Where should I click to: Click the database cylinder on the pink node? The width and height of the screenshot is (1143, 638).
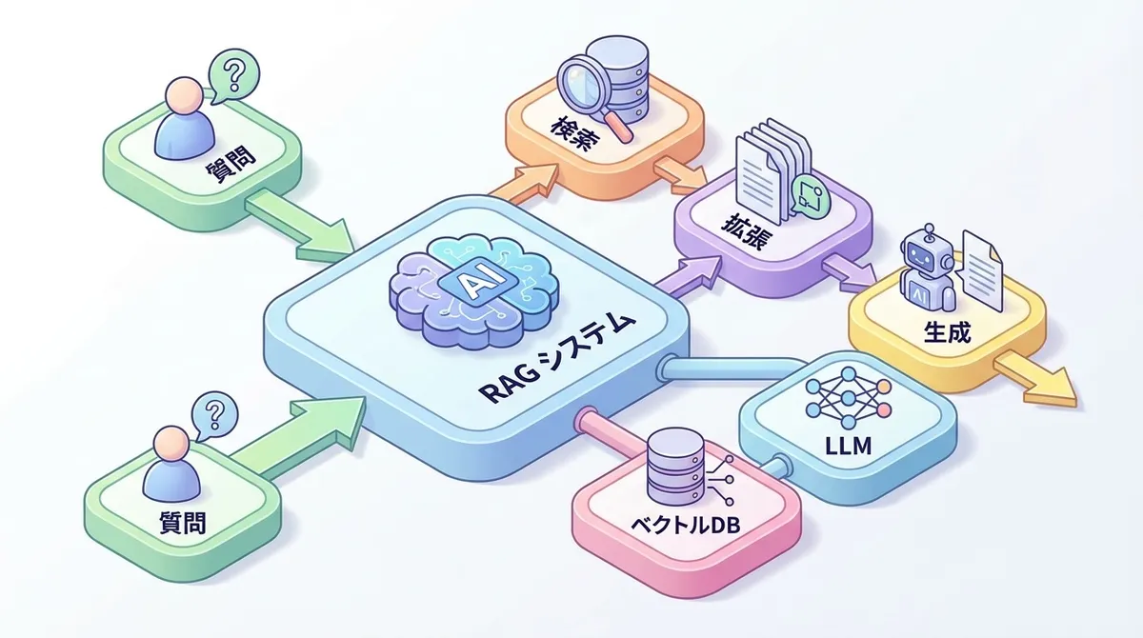[x=672, y=467]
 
